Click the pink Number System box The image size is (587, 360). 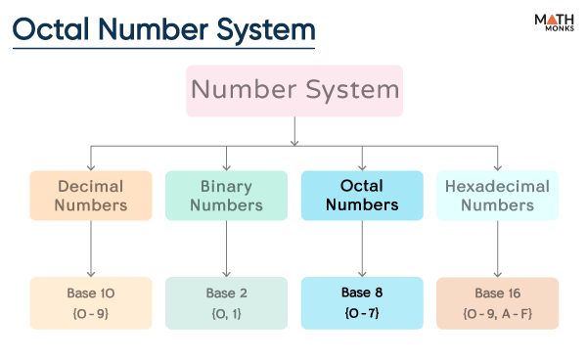[x=294, y=90]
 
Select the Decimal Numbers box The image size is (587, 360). [x=91, y=195]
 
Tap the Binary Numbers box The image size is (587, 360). [x=227, y=195]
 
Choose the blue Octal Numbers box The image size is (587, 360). [x=362, y=195]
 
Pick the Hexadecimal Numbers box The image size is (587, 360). [x=497, y=195]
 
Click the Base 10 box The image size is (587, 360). [x=91, y=302]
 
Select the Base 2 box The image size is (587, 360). [x=227, y=302]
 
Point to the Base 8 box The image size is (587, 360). [x=362, y=302]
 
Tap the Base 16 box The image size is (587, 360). [x=497, y=302]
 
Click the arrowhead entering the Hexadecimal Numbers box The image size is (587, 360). [x=497, y=165]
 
